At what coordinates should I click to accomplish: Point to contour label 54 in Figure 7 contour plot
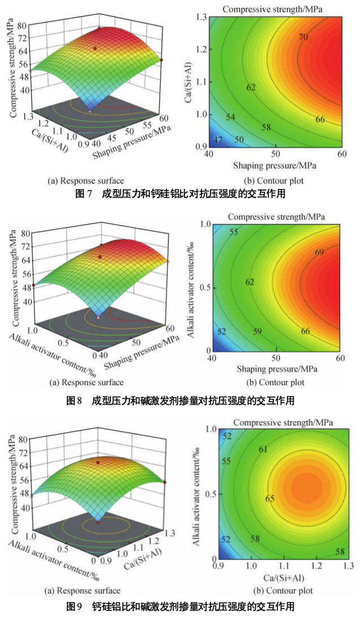[231, 117]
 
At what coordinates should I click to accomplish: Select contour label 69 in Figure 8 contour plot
[319, 252]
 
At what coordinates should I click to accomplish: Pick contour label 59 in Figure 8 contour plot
[257, 331]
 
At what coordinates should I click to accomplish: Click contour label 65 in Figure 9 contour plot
[270, 498]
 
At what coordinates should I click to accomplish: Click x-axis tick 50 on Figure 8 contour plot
[276, 359]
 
